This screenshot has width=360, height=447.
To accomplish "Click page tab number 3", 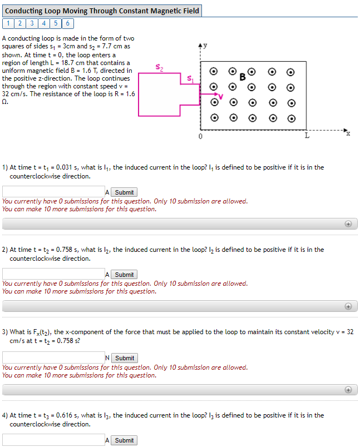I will tap(32, 23).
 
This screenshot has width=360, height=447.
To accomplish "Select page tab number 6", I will tap(67, 23).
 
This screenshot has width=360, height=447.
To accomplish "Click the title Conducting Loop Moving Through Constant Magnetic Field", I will tap(102, 11).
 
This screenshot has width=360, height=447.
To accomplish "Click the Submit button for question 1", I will tap(124, 192).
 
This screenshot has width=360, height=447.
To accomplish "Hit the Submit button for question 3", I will tap(124, 358).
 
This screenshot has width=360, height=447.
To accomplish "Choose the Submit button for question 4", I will tap(124, 440).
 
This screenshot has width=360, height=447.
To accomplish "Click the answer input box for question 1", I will tap(53, 192).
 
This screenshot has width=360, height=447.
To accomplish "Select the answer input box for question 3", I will tap(53, 357).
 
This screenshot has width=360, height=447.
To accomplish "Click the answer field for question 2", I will tap(53, 274).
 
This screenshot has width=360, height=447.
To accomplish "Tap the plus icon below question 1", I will tap(348, 223).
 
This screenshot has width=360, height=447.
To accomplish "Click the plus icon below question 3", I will tap(348, 390).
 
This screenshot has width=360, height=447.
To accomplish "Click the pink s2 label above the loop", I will tap(160, 68).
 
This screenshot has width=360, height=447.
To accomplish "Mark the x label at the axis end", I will tap(348, 133).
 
